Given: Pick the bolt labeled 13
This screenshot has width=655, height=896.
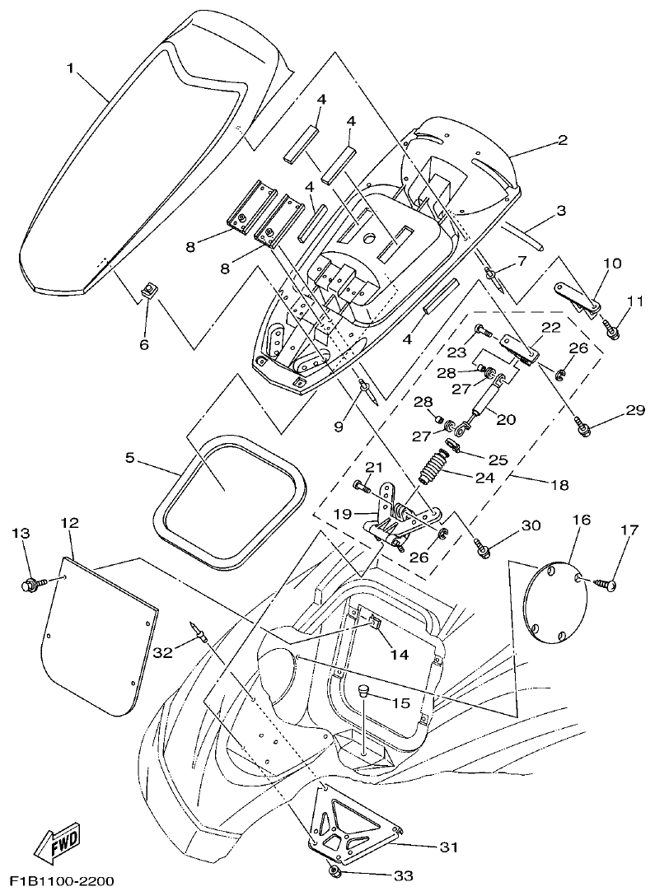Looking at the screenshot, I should click(x=30, y=586).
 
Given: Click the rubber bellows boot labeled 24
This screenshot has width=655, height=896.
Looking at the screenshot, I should click(x=433, y=474).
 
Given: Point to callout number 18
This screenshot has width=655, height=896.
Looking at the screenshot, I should click(x=559, y=485).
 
